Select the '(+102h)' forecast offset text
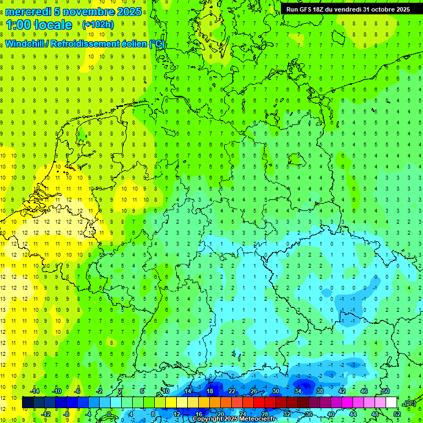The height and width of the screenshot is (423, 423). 97,25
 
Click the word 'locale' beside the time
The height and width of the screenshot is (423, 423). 55,25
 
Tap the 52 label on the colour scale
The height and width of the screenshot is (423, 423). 397,414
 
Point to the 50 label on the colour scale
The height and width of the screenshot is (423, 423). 386,391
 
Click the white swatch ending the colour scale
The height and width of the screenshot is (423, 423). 391,403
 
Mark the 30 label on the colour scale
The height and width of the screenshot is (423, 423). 275,391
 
